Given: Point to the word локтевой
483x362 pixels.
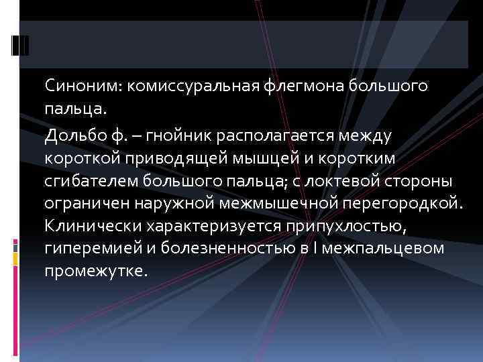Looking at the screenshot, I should coord(338,181).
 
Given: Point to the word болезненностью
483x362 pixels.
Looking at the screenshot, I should coord(217,249).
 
